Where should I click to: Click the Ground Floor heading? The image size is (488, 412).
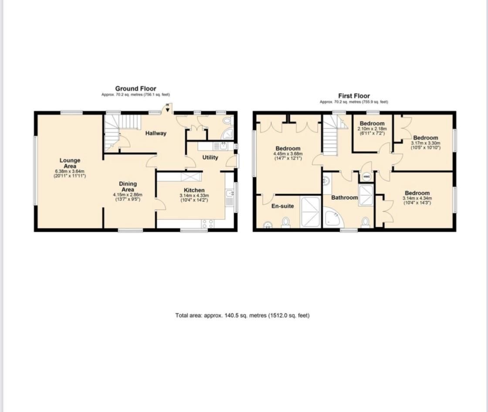[136, 89]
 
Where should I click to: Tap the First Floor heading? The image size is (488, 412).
[354, 96]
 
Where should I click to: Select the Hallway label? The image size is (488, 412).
[156, 133]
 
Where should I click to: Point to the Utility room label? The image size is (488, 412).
[210, 157]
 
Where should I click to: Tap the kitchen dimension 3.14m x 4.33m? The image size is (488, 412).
[194, 196]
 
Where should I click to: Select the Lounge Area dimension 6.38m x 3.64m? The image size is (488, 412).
[70, 171]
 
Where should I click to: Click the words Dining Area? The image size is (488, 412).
[128, 187]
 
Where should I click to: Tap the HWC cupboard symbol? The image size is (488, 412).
[366, 177]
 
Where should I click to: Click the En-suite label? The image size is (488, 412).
[283, 206]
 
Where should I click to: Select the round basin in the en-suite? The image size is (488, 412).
[267, 225]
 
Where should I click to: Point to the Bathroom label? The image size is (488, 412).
[344, 197]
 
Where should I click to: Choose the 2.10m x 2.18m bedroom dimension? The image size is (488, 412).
[372, 129]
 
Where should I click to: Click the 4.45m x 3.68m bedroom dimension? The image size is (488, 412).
[287, 153]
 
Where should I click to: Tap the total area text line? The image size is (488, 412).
[242, 315]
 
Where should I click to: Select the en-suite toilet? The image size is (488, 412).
[286, 223]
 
